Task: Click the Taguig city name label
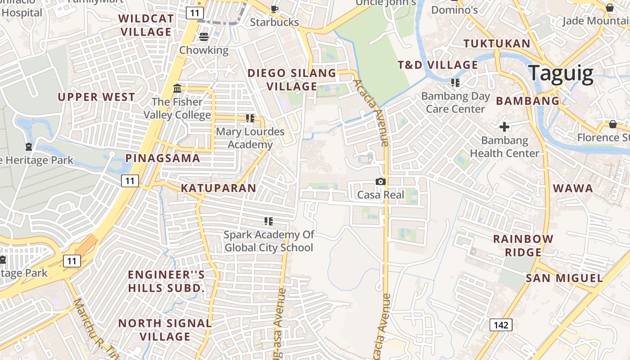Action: point(561,73)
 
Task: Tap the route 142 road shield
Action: point(501,325)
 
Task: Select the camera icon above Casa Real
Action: point(381,182)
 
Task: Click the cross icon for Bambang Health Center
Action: point(504,127)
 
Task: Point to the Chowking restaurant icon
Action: point(204,37)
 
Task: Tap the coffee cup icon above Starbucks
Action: point(274,9)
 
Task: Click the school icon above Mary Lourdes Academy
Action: point(250,118)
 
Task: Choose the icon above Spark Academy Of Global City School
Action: point(269,221)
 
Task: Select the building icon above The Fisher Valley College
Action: point(177,88)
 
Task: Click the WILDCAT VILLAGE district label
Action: point(146,25)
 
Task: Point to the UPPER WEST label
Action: point(96,97)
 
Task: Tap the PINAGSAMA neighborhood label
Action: point(162,158)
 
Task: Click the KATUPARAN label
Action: point(219,188)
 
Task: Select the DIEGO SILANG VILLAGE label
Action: point(292,80)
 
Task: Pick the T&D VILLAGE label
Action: point(438,65)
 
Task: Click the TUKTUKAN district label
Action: point(497,44)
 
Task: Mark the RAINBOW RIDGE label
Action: point(523,246)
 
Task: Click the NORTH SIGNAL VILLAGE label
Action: point(165,330)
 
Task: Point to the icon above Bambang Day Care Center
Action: point(455,83)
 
